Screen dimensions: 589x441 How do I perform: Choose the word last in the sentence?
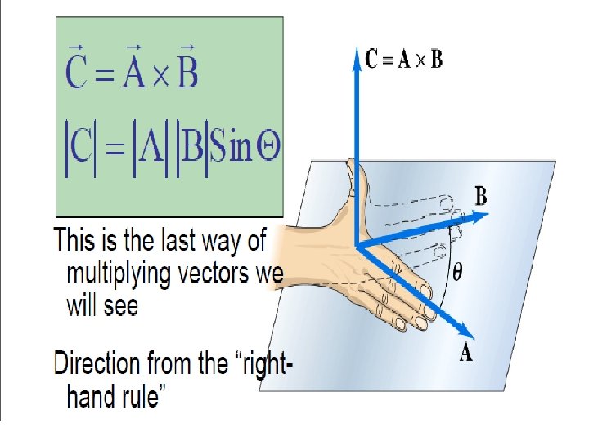(x=174, y=242)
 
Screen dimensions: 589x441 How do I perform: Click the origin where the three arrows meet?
(x=357, y=244)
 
